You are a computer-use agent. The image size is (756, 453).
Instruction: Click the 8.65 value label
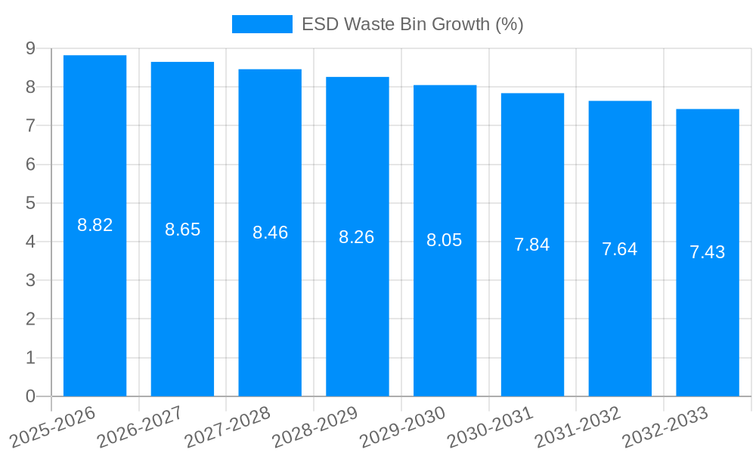[x=182, y=230]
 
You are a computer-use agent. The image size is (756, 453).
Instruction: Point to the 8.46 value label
[x=270, y=233]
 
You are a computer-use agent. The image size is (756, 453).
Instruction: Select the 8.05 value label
[x=444, y=240]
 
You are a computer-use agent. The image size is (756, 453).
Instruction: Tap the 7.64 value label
[x=619, y=248]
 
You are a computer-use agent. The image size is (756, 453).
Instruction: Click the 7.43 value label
[x=707, y=252]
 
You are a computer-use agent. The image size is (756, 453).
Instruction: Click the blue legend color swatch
[x=262, y=24]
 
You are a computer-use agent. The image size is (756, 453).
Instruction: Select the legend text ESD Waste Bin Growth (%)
[x=412, y=24]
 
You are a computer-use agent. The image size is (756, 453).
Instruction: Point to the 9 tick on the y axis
[x=30, y=48]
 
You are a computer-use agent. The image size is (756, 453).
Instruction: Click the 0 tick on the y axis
[x=30, y=396]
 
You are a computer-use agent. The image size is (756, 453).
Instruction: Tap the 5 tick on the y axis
[x=30, y=203]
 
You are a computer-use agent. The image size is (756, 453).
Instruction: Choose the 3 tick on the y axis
[x=30, y=280]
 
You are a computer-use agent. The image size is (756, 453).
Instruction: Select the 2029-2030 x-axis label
[x=402, y=427]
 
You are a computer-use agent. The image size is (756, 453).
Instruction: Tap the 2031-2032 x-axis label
[x=578, y=427]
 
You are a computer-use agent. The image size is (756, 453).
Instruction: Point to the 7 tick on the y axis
[x=30, y=125]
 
